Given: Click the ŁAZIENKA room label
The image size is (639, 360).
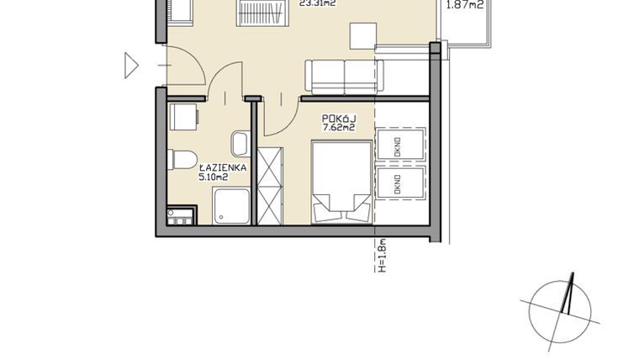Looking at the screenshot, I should pyautogui.click(x=221, y=167).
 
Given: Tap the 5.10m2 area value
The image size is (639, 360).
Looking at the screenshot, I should pyautogui.click(x=213, y=177).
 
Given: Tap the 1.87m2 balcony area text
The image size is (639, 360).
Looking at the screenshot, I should pyautogui.click(x=462, y=4).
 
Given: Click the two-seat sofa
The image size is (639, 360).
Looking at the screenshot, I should pyautogui.click(x=344, y=77).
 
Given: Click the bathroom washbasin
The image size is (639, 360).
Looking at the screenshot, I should pyautogui.click(x=240, y=143).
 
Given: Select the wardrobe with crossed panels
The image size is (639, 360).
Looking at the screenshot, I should pyautogui.click(x=271, y=185).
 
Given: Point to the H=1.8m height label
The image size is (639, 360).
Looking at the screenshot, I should pyautogui.click(x=381, y=257).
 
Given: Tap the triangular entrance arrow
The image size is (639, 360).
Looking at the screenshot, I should pyautogui.click(x=131, y=66).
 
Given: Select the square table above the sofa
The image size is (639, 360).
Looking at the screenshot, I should pyautogui.click(x=363, y=35).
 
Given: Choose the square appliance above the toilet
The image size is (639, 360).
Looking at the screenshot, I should pyautogui.click(x=184, y=115).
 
